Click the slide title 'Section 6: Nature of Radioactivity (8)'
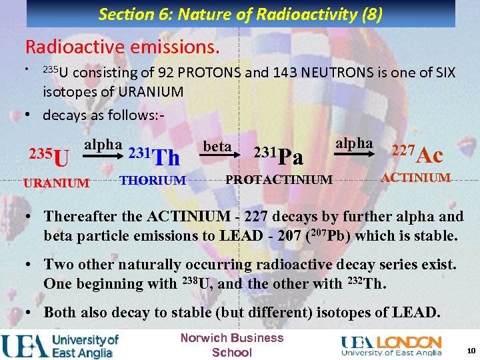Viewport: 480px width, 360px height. coord(240,13)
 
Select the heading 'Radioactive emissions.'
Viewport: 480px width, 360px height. coord(122,47)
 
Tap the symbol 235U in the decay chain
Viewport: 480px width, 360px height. coord(49,157)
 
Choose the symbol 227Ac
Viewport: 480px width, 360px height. coord(417,155)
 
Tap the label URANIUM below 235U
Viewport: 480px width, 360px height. coord(56,183)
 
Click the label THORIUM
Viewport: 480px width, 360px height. coord(153,179)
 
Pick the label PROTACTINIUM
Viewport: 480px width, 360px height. coord(279,179)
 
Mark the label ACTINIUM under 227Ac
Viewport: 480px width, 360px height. coord(416,177)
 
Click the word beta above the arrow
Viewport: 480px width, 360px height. coord(217,145)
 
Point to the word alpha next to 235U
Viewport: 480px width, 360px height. coord(103,144)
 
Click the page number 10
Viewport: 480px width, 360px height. coord(471,351)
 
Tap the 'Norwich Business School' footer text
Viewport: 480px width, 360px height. coord(231,345)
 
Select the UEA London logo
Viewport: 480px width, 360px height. coord(391,345)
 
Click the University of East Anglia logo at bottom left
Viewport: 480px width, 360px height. coord(60,345)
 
